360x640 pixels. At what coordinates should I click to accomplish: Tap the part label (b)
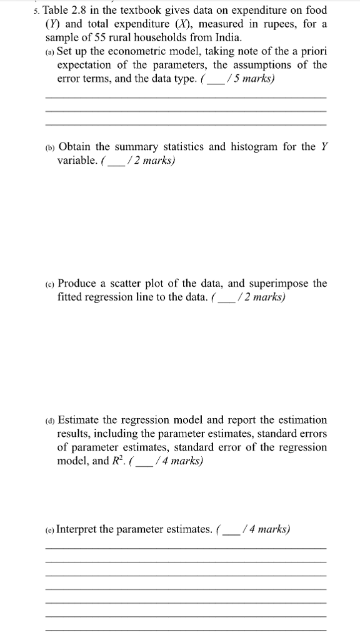point(50,147)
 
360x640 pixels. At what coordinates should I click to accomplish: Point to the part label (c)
point(50,284)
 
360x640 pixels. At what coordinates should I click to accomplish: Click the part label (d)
point(50,420)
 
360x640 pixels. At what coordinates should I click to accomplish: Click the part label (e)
point(50,530)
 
